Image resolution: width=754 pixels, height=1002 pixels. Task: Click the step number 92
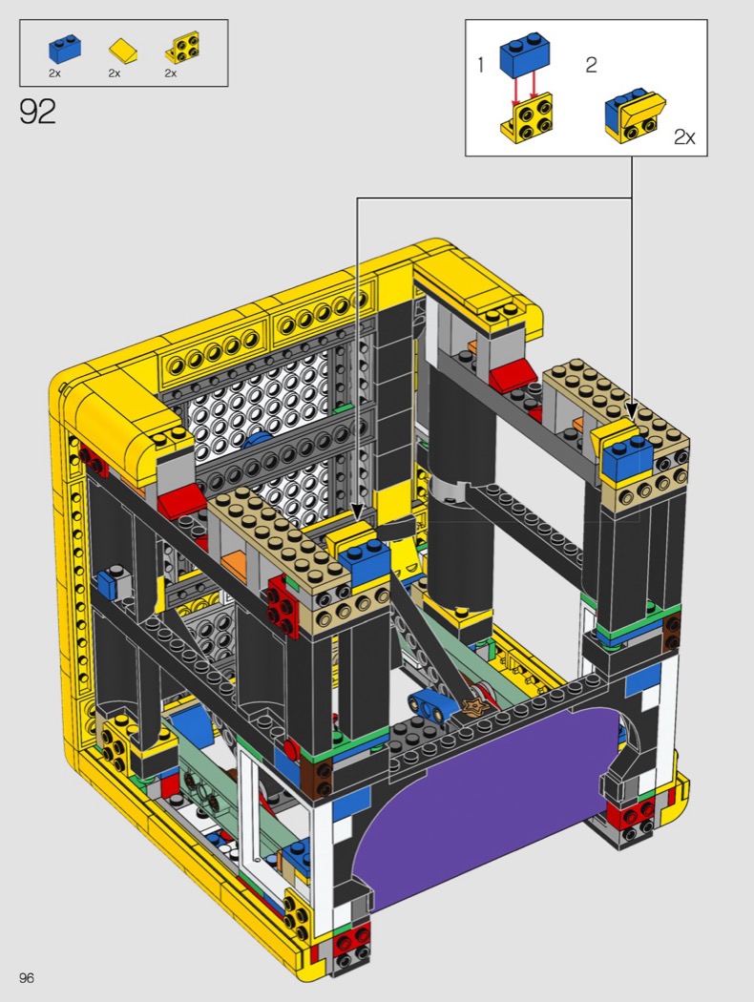(x=38, y=112)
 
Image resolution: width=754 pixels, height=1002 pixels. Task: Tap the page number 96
(x=26, y=977)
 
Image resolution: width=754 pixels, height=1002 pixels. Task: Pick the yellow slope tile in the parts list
(x=123, y=51)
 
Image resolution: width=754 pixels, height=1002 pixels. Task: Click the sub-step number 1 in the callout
(x=480, y=65)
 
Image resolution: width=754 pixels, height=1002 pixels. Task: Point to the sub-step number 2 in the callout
(x=591, y=65)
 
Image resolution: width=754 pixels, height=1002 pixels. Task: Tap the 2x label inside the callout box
(x=684, y=136)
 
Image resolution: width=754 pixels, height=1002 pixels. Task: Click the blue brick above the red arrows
(x=525, y=56)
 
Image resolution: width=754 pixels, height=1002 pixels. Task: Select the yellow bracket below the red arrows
(x=526, y=117)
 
